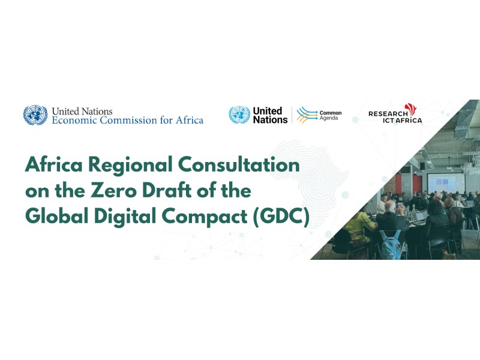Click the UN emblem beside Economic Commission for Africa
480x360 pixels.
(35, 115)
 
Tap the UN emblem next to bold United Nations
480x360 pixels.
(239, 115)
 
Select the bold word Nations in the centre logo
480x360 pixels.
(271, 119)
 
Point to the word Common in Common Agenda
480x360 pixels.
(331, 113)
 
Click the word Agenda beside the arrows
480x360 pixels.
(329, 118)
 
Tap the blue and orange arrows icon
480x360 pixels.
(307, 115)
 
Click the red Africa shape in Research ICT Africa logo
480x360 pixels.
(411, 110)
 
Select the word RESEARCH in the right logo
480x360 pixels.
(388, 114)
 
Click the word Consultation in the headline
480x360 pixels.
(239, 164)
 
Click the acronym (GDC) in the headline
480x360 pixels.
(281, 216)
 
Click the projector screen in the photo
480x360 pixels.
(446, 182)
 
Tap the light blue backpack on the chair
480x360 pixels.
(390, 244)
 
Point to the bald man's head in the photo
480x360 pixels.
(390, 206)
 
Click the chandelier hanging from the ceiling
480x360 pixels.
(470, 166)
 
